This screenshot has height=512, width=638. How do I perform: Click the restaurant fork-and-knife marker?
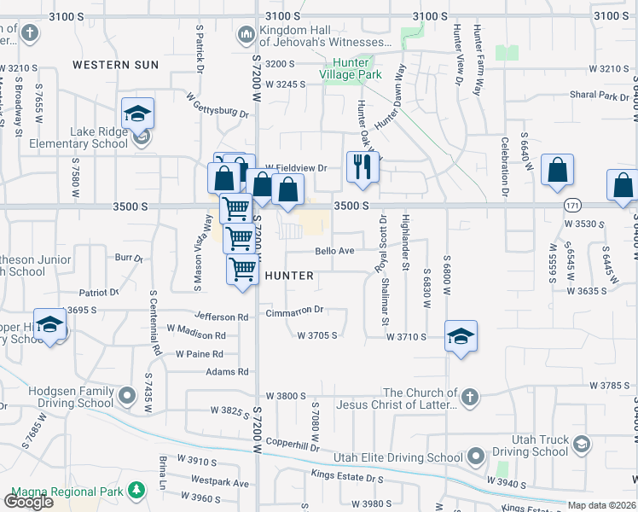click(x=362, y=167)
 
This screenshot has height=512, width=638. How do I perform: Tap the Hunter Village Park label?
click(x=350, y=68)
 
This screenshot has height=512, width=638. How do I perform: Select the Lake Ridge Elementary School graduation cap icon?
click(x=137, y=113)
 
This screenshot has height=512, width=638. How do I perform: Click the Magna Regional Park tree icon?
click(x=135, y=490)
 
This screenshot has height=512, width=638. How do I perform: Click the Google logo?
click(x=28, y=502)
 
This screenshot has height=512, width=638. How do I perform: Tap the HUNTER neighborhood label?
click(x=290, y=276)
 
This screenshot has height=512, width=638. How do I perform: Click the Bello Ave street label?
click(x=334, y=251)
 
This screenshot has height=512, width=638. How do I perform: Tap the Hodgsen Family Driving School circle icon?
click(x=127, y=396)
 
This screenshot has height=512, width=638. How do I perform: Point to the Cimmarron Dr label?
click(x=294, y=311)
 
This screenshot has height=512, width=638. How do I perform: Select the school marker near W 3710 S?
click(x=461, y=336)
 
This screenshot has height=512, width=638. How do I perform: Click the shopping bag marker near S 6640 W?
click(x=557, y=169)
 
